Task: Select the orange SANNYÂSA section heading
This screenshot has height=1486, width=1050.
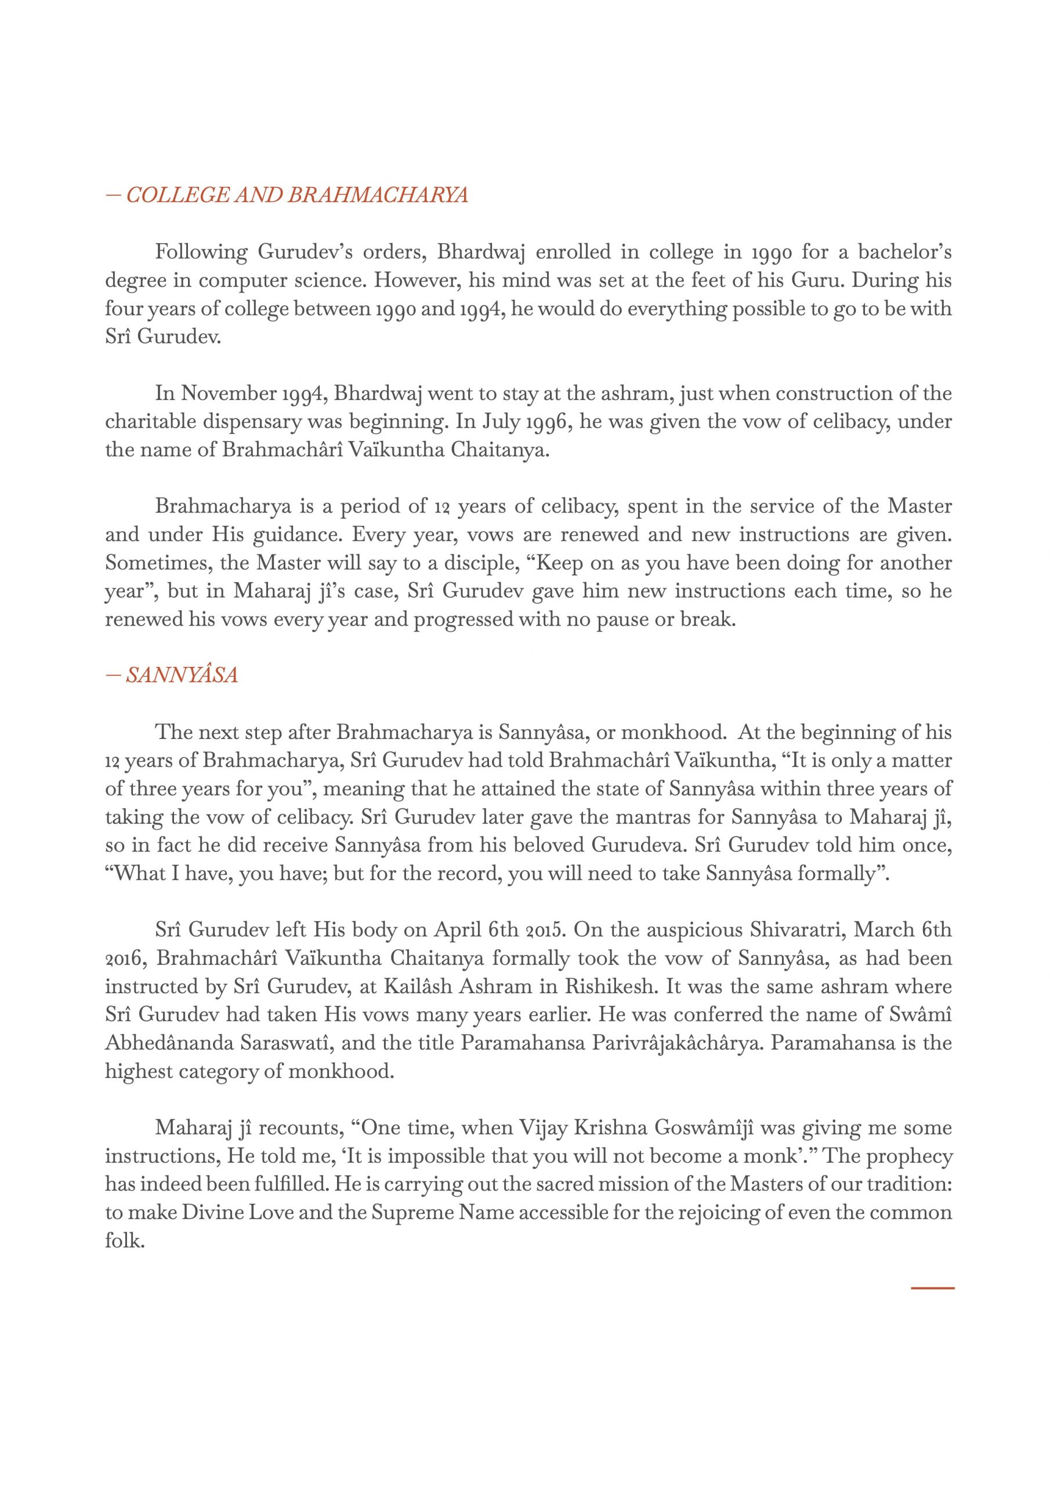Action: tap(182, 676)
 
